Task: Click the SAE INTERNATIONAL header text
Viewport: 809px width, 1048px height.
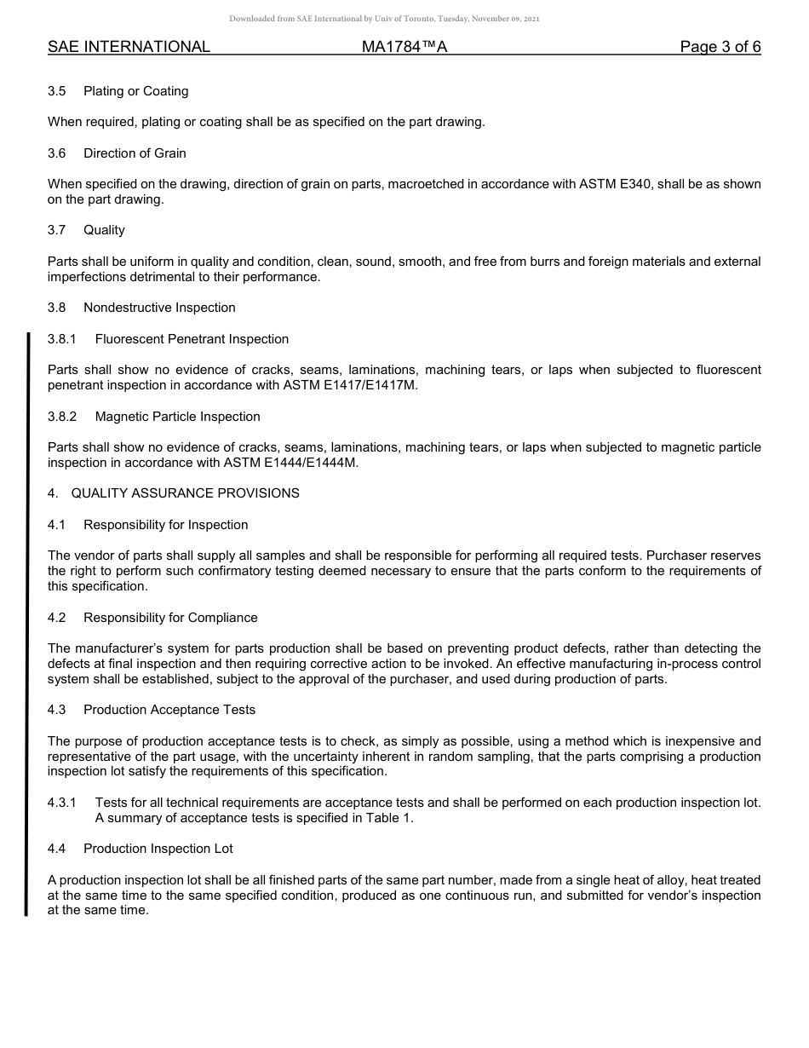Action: coord(129,47)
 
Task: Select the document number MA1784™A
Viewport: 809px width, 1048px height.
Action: coord(404,47)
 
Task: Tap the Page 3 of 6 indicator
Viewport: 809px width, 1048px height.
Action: coord(720,47)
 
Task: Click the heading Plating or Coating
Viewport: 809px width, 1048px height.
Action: coord(135,91)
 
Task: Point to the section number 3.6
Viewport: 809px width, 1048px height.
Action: coord(57,153)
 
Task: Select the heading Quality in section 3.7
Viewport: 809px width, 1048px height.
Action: coord(104,230)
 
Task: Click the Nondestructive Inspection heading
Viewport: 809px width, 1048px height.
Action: coord(159,308)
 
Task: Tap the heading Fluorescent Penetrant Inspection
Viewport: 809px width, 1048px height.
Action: coord(192,339)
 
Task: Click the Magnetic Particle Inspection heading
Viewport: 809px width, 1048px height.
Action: coord(177,417)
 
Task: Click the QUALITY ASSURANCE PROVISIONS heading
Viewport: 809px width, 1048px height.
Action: coord(185,493)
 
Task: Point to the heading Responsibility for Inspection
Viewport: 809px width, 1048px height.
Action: coord(165,525)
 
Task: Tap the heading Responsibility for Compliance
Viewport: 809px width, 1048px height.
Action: coord(170,618)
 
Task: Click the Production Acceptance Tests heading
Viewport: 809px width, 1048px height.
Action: coord(169,710)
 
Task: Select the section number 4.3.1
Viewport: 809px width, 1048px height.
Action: coord(62,803)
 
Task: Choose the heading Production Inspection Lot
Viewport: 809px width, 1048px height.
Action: coord(158,849)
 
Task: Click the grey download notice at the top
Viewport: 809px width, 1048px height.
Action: coord(384,19)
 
